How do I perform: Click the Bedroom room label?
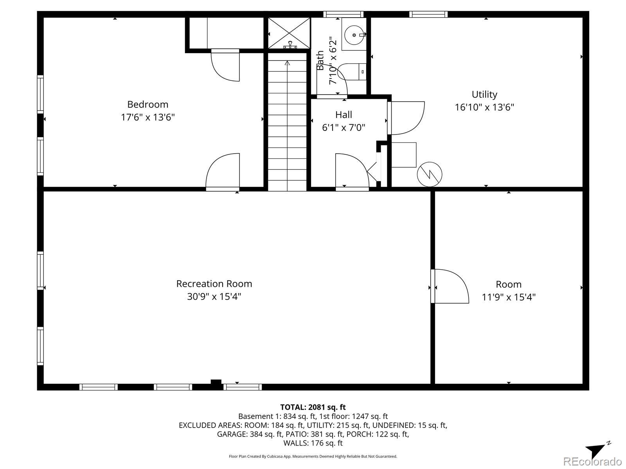coord(148,104)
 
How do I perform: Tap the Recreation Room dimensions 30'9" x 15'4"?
coord(214,297)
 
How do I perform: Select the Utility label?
coord(484,95)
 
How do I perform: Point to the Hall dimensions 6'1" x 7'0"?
coord(344,127)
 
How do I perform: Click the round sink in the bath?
coord(354,35)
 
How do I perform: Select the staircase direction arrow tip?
coord(288,63)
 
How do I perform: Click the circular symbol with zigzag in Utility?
coord(430,174)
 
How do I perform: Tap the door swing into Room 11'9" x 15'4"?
coord(450,285)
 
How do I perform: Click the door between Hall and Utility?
coord(407,117)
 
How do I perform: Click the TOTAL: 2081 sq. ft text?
coord(313,407)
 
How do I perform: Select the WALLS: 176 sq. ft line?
coord(313,443)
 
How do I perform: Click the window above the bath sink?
coord(343,14)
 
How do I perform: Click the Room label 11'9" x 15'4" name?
coord(508,285)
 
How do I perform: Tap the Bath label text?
coord(320,60)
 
